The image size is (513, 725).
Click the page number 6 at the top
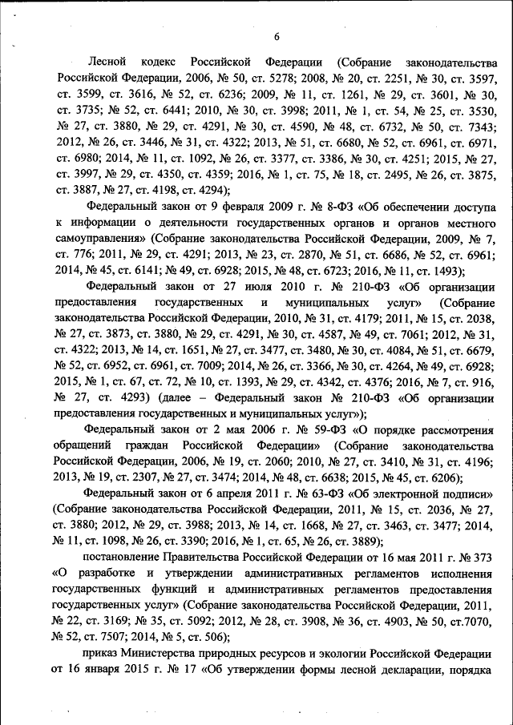(x=276, y=36)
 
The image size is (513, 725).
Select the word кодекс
(x=160, y=62)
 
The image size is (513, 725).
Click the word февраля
(x=214, y=205)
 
